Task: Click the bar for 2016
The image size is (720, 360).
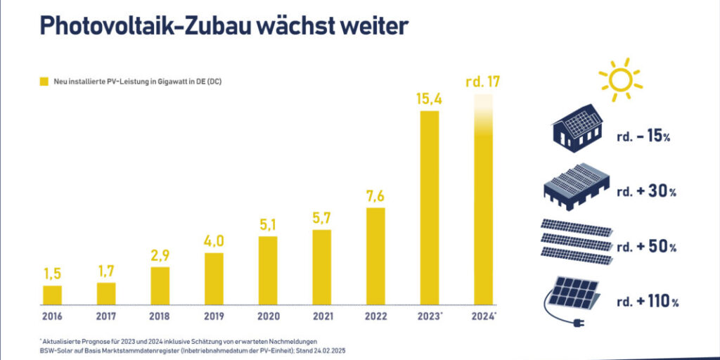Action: (52, 295)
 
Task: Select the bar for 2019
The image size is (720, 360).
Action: (214, 278)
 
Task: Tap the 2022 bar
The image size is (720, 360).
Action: (375, 256)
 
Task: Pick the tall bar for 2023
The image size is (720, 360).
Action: (430, 207)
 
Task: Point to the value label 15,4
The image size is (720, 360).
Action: (430, 99)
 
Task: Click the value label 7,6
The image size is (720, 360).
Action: (375, 196)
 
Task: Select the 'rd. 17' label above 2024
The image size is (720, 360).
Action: (483, 82)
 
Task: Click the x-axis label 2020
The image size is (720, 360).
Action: (268, 316)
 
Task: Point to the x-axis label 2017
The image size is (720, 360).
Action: (106, 316)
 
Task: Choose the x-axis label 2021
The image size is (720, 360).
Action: (321, 316)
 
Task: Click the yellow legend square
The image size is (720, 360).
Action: (44, 82)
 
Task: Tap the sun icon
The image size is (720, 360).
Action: (619, 79)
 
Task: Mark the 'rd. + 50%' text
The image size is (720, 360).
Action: (646, 247)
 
